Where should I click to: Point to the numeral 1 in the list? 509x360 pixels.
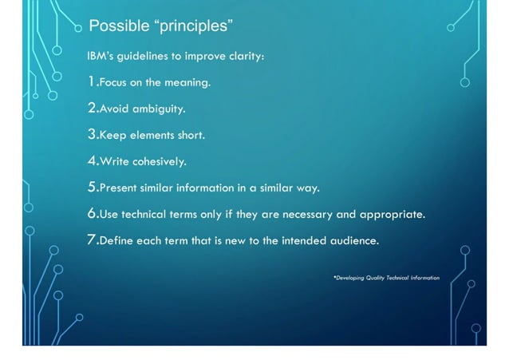click(91, 81)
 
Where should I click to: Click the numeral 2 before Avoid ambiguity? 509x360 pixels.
click(92, 108)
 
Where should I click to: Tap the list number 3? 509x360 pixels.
click(92, 134)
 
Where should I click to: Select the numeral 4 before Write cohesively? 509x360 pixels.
click(92, 160)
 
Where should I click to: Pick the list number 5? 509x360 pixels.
click(92, 188)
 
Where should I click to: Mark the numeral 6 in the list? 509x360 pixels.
click(92, 214)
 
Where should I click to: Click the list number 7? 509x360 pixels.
click(92, 240)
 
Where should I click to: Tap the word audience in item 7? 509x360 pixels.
click(354, 241)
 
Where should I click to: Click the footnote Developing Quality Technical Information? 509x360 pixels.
click(386, 278)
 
